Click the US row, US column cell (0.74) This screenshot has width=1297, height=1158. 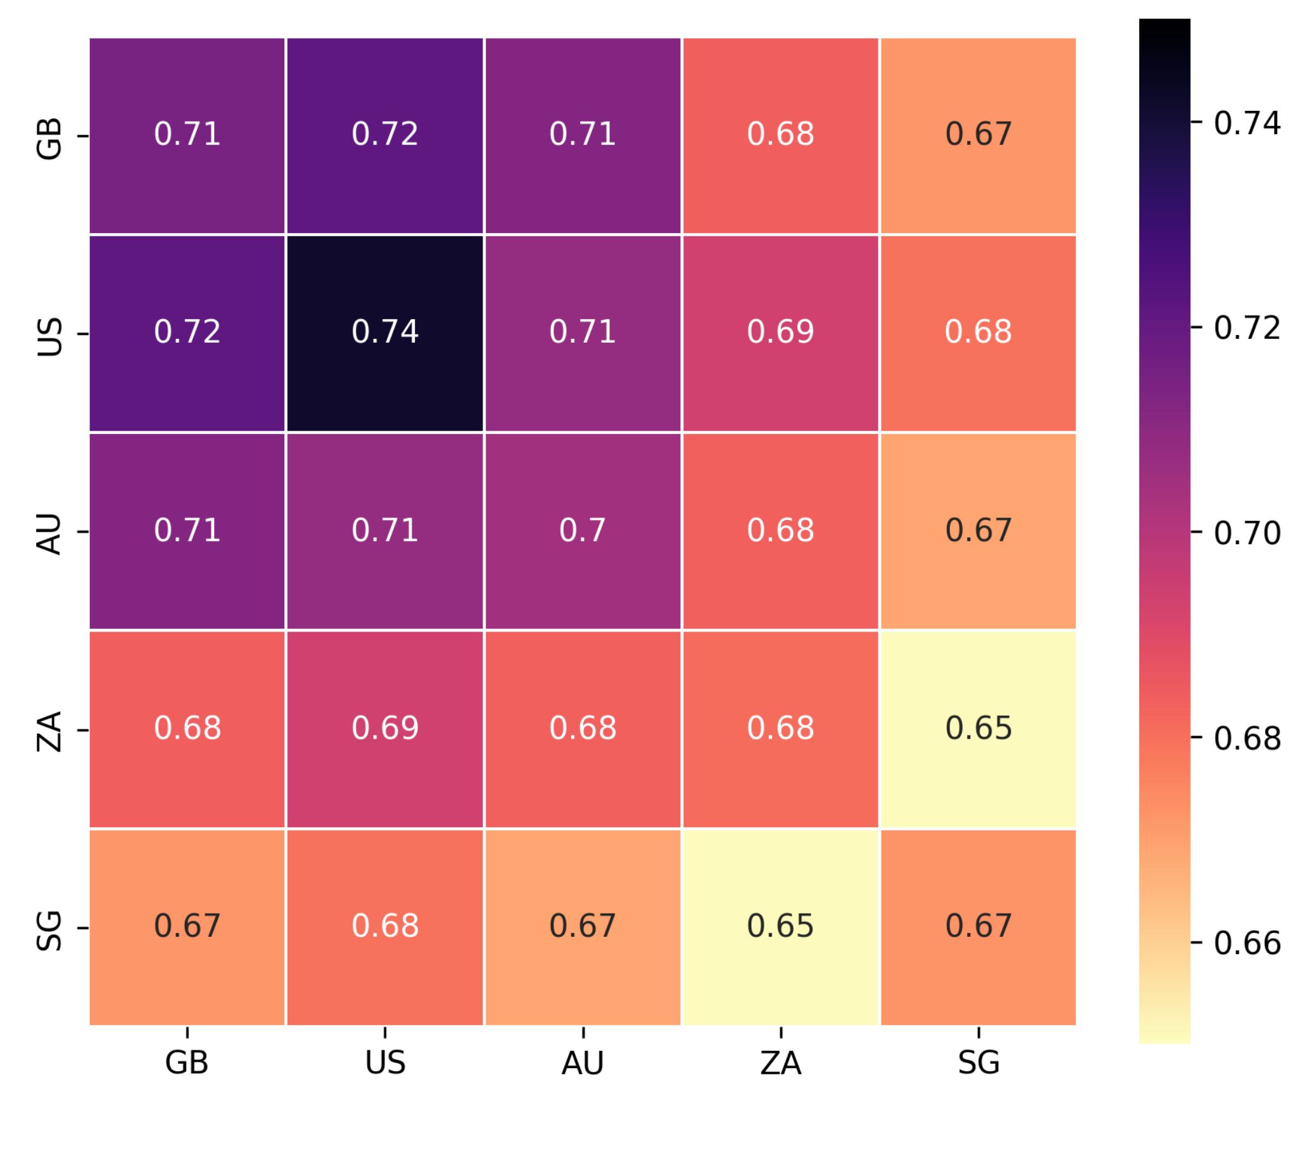coord(385,333)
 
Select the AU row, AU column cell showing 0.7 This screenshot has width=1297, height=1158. coord(583,531)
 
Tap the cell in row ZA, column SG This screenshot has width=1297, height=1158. coord(978,729)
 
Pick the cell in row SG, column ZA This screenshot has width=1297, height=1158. coord(780,926)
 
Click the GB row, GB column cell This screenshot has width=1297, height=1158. coord(187,135)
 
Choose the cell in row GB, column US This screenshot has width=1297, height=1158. coord(385,135)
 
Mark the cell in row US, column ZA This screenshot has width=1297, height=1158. coord(780,333)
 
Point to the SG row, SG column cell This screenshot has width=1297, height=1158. coord(978,926)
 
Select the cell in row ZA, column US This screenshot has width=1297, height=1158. coord(385,729)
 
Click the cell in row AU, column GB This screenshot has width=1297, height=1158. coord(187,531)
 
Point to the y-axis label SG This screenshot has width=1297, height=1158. coord(49,929)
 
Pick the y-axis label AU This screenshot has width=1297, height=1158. coord(49,534)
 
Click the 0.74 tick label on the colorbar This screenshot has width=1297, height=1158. coord(1246,124)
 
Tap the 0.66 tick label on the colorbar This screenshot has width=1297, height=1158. coord(1246,943)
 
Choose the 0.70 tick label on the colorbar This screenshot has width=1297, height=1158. coord(1246,533)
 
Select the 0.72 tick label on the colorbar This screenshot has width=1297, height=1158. coord(1246,328)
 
